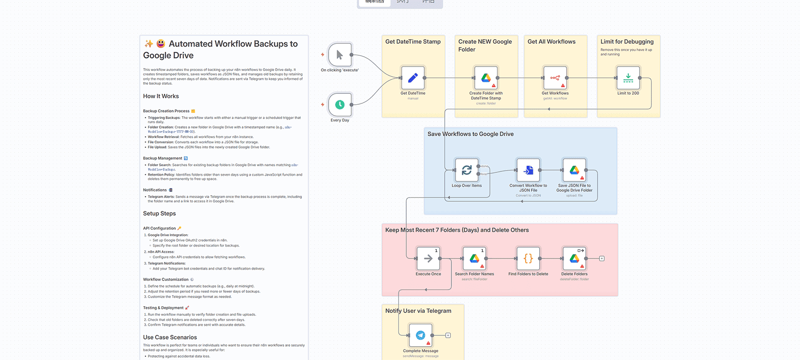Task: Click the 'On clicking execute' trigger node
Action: coord(340,55)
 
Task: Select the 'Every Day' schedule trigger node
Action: coord(340,105)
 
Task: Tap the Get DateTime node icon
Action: coord(413,78)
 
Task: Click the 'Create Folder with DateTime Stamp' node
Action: coord(486,78)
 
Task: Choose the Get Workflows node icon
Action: coord(555,78)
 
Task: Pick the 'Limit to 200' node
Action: coord(628,78)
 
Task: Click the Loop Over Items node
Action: coord(467,170)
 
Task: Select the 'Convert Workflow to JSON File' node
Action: coord(528,170)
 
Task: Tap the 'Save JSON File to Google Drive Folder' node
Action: coord(574,170)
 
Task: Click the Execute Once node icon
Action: coord(428,259)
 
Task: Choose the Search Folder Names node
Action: coord(474,259)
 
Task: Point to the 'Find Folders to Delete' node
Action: coord(528,259)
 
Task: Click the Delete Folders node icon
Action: coord(574,259)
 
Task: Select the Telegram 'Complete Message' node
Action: coord(420,335)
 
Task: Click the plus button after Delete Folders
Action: coord(602,259)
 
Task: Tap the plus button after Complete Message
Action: coord(448,335)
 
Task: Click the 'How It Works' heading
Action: coord(161,96)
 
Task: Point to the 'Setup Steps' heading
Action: coord(160,214)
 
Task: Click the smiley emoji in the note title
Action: coord(161,44)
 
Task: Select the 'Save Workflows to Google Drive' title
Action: coord(470,134)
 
